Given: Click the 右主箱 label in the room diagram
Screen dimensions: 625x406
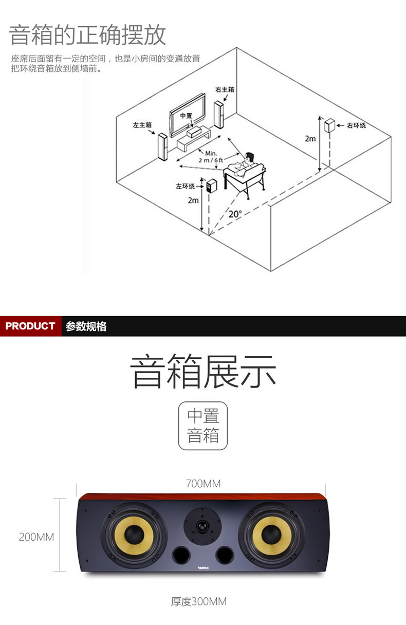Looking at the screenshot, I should pyautogui.click(x=225, y=89).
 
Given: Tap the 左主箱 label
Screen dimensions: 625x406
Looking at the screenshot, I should pyautogui.click(x=142, y=125).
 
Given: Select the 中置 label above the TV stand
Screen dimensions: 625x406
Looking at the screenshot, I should pyautogui.click(x=186, y=116).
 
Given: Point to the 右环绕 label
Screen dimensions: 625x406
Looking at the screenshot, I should pyautogui.click(x=356, y=125).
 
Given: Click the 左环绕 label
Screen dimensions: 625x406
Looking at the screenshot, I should pyautogui.click(x=186, y=186).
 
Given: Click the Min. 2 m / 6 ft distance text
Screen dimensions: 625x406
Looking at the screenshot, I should pyautogui.click(x=211, y=157).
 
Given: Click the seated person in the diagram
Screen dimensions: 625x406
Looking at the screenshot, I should pyautogui.click(x=249, y=162).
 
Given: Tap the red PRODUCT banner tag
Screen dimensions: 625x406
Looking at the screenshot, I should pyautogui.click(x=30, y=326).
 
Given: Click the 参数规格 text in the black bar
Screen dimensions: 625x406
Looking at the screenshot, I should pyautogui.click(x=86, y=326).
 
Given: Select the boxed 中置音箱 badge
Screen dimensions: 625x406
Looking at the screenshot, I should pyautogui.click(x=202, y=426).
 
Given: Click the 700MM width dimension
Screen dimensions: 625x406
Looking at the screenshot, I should pyautogui.click(x=203, y=484).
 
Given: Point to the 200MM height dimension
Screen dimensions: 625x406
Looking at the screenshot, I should pyautogui.click(x=36, y=537).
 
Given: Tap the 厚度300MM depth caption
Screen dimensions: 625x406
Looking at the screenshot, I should pyautogui.click(x=198, y=601).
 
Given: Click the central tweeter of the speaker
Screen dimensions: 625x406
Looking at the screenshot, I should pyautogui.click(x=202, y=525).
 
